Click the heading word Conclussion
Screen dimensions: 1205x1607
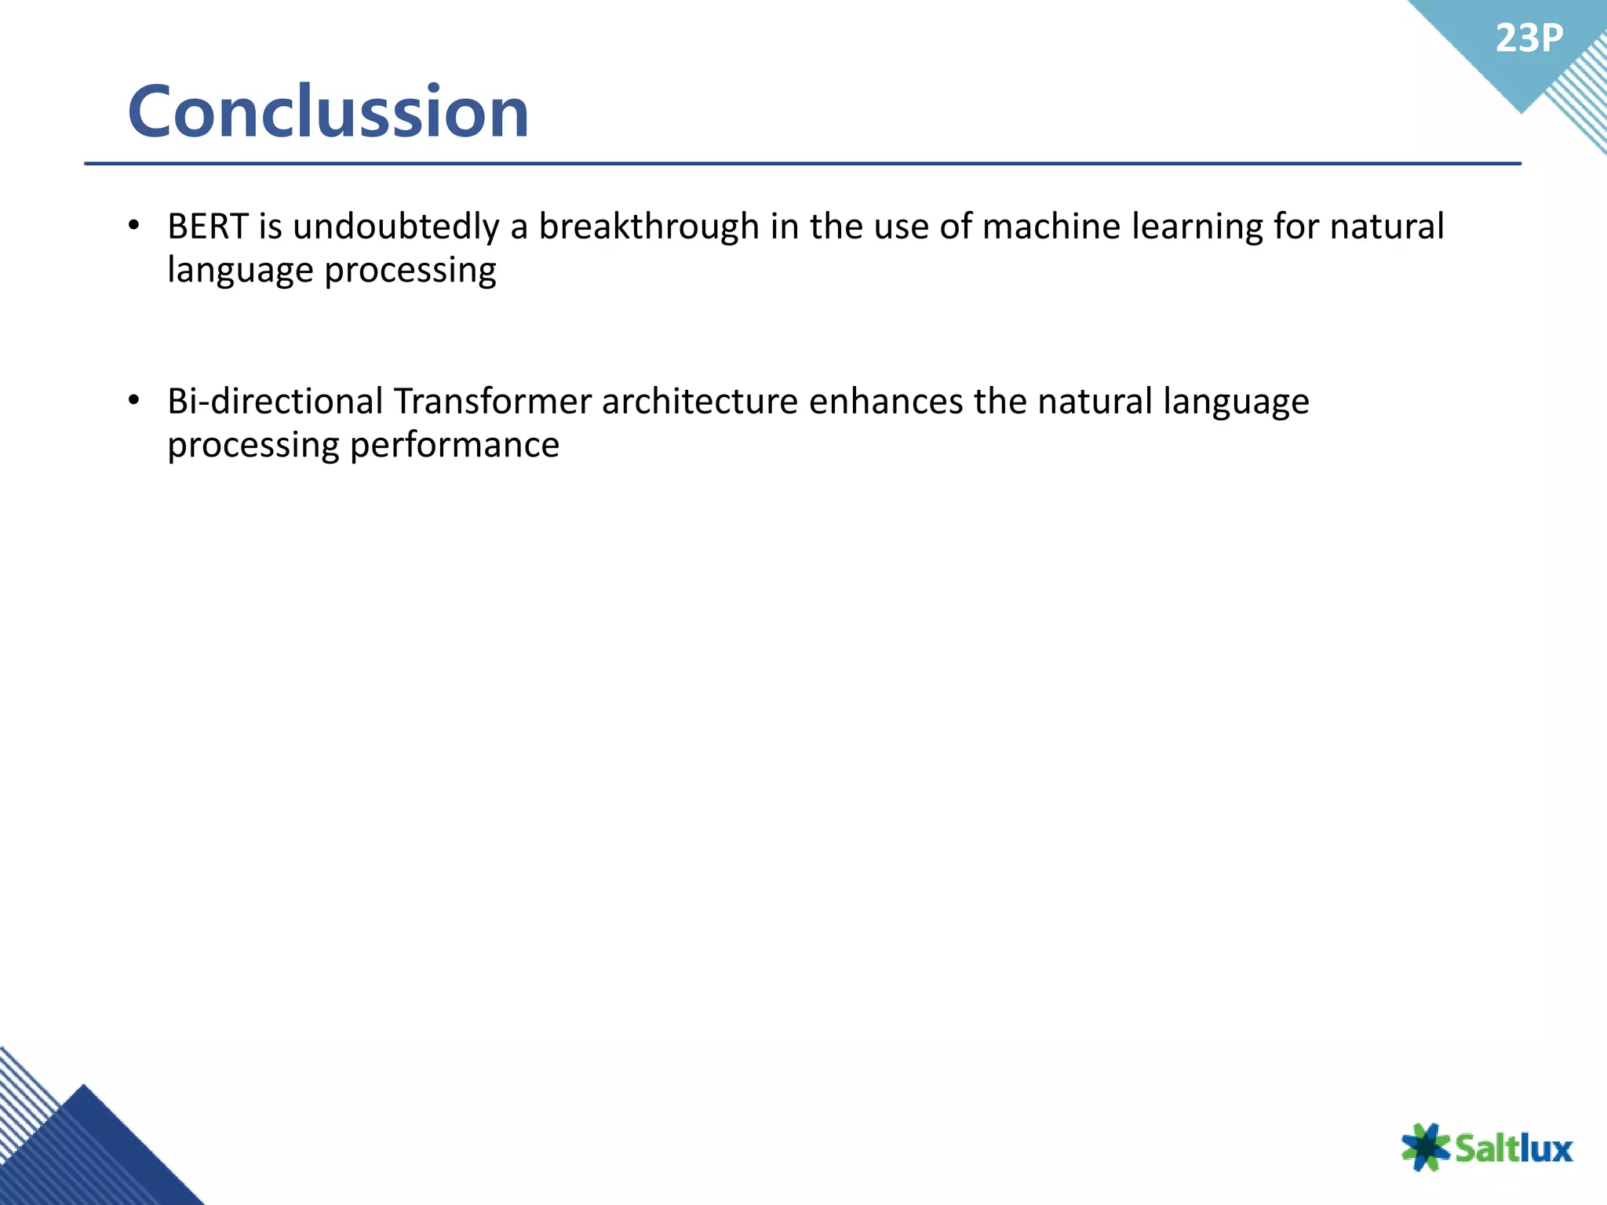[328, 111]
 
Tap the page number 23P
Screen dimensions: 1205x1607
[1529, 38]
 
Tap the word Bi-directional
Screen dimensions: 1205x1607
[275, 401]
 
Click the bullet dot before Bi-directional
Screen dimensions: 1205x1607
[134, 401]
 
